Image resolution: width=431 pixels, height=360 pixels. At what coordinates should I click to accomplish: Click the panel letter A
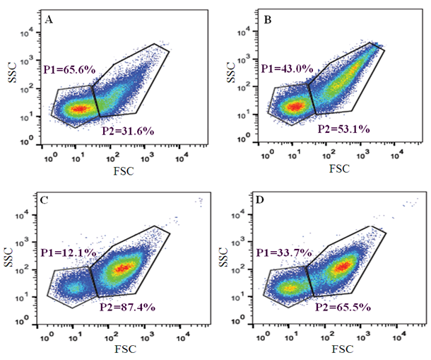coord(49,19)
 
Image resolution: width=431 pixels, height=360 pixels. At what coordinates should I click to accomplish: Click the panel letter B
coord(267,19)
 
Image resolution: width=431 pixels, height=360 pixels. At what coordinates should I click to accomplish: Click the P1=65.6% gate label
coord(69,69)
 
